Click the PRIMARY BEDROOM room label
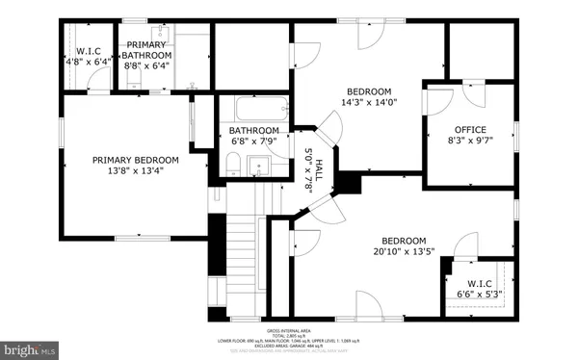tap(136, 160)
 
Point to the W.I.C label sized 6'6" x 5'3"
tap(473, 256)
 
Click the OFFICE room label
tap(470, 130)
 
